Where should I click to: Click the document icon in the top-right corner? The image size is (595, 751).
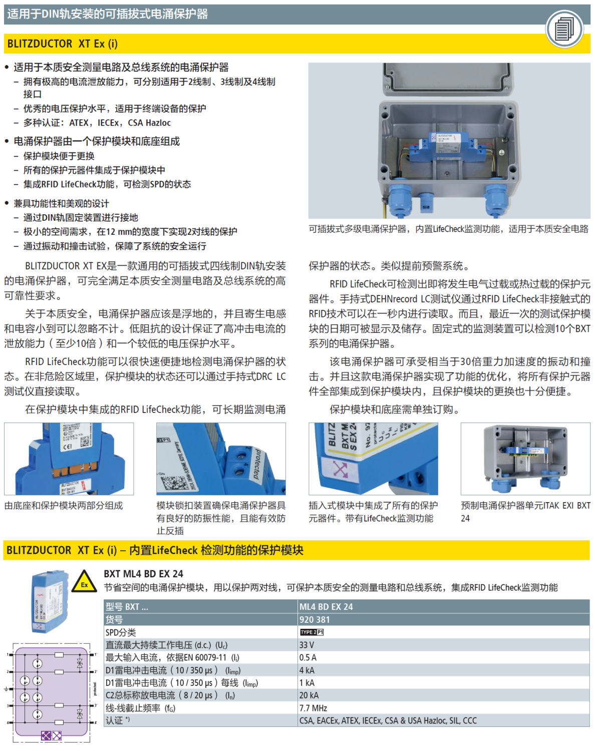point(564,29)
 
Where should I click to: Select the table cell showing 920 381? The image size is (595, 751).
point(315,620)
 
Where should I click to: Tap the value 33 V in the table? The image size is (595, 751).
point(307,645)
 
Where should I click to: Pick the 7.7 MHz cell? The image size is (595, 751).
point(313,708)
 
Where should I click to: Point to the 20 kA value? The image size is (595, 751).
point(309,695)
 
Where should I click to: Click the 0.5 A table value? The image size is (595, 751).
point(308,657)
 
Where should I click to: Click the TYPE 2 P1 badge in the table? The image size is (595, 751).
point(312,632)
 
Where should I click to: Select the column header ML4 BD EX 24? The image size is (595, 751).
point(326,607)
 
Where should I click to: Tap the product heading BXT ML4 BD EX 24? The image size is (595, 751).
point(143,574)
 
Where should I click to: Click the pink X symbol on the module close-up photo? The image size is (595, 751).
point(340,470)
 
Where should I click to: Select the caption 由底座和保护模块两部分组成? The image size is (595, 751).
point(64,506)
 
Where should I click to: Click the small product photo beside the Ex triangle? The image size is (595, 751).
point(49,601)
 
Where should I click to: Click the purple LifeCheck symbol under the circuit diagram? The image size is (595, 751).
point(51,735)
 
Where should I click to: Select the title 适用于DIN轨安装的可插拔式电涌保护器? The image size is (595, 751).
point(108,14)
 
